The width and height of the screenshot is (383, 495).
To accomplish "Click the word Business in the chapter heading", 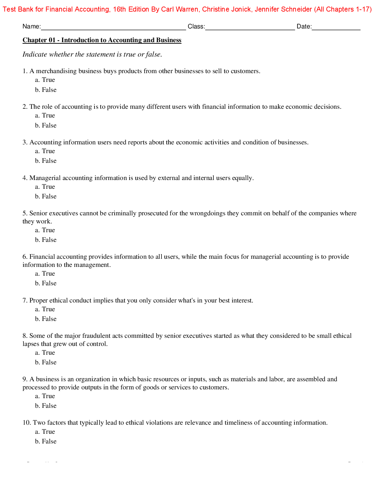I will tap(169, 40).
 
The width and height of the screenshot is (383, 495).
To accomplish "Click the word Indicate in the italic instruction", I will tap(35, 54).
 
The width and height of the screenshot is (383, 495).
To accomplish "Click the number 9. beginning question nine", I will tap(25, 379).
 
